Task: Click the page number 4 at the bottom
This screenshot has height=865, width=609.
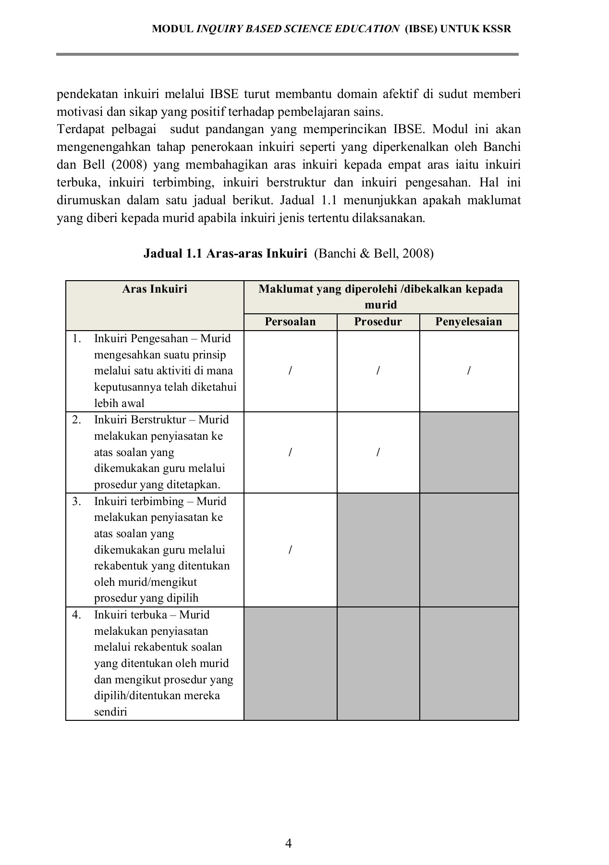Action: [x=289, y=843]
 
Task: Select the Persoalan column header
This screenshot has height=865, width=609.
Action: [x=290, y=321]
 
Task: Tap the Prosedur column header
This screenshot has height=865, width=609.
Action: [x=378, y=321]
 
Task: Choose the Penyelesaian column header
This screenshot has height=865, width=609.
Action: [x=468, y=321]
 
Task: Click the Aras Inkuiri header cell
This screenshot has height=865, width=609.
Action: [x=155, y=289]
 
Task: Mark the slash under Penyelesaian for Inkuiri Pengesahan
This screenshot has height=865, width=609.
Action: [x=469, y=371]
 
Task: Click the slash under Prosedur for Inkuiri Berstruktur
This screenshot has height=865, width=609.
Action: [x=378, y=452]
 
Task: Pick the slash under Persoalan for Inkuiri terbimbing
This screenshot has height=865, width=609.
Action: [x=290, y=550]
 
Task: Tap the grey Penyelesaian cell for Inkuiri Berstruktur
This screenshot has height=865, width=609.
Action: [x=469, y=452]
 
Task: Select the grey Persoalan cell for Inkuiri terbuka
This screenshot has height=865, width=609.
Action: [x=290, y=663]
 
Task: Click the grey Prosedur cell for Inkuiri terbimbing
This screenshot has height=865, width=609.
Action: [x=378, y=550]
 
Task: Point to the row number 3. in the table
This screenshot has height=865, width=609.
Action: [x=77, y=501]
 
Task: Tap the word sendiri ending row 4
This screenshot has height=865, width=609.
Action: [x=110, y=712]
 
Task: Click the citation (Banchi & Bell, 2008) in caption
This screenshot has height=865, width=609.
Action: [x=374, y=253]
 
